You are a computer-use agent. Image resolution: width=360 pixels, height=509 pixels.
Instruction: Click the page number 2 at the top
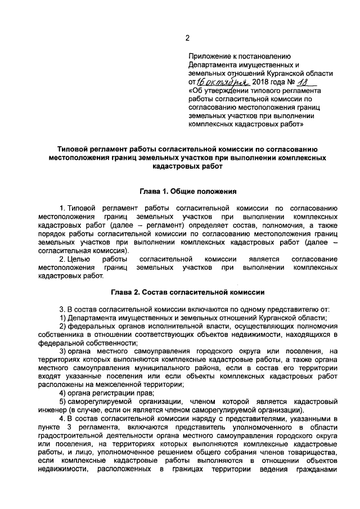click(x=188, y=38)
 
